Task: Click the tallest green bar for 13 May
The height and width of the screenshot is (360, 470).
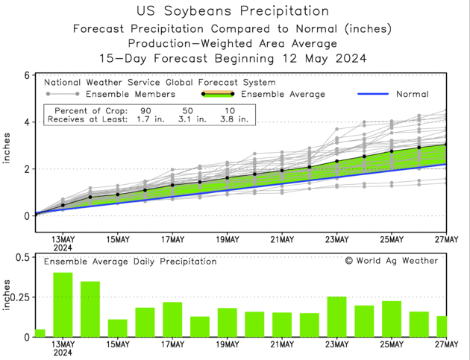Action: [63, 305]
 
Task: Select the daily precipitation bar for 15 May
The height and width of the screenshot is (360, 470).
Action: [117, 329]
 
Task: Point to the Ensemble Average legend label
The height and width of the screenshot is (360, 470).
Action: [284, 95]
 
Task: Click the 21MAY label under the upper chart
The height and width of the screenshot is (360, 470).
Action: [282, 239]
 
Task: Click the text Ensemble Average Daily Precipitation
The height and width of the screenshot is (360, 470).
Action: [130, 262]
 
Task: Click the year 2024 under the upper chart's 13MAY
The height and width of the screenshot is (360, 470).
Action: [63, 247]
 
